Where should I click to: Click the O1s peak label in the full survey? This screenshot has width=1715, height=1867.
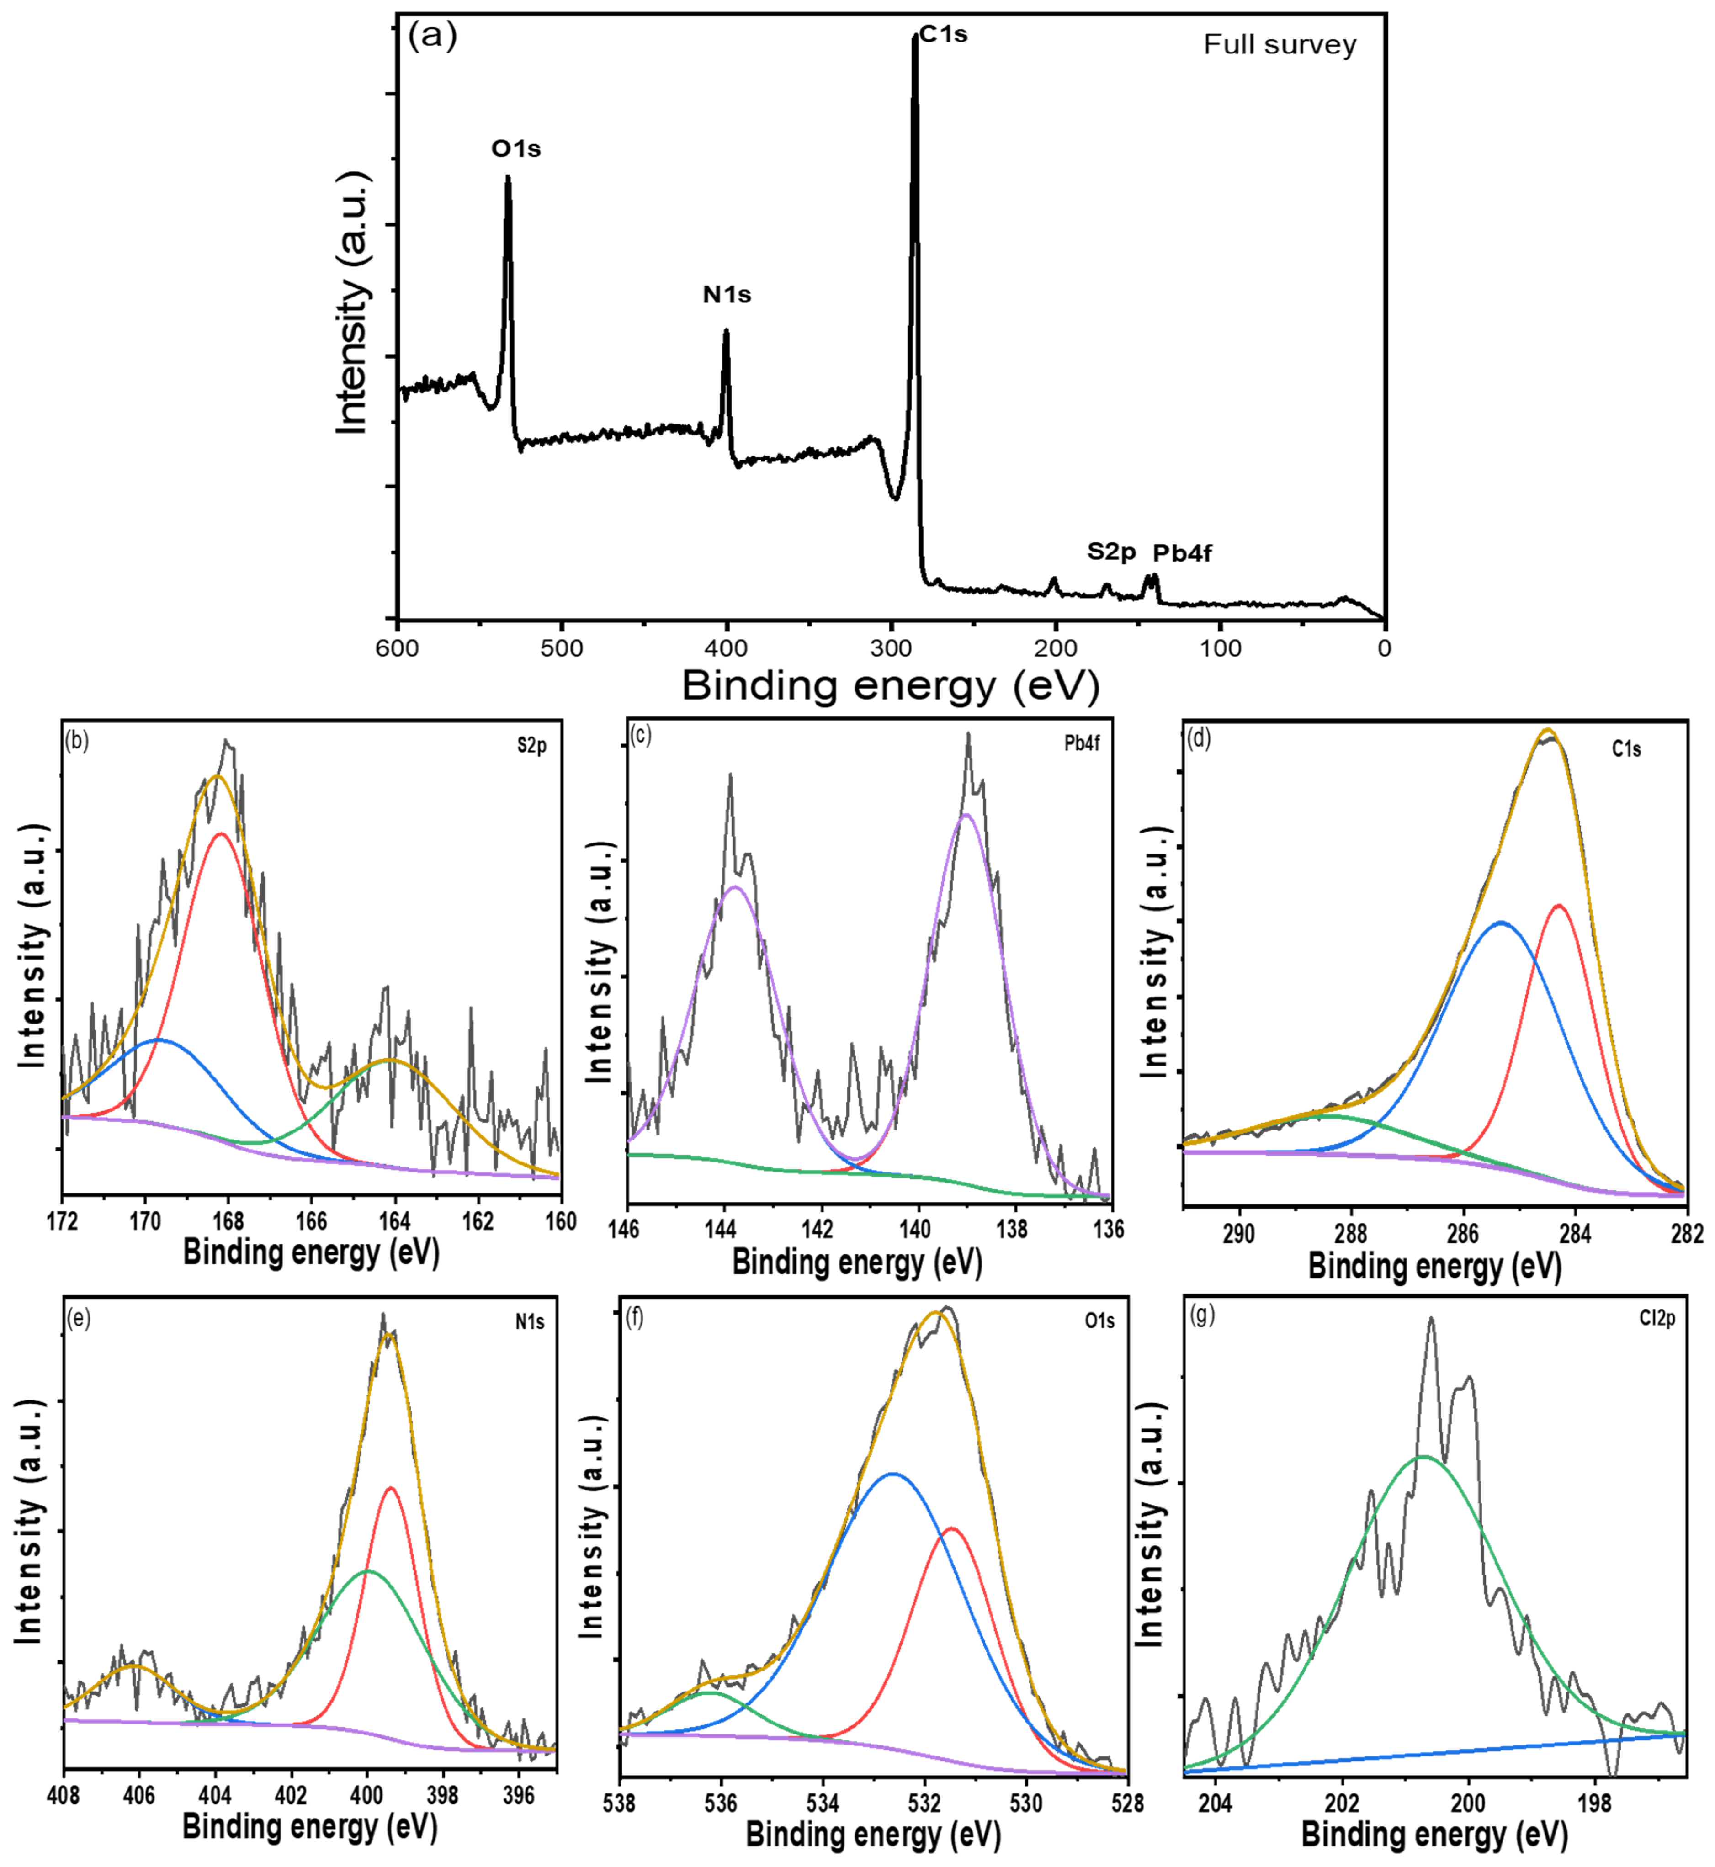pyautogui.click(x=516, y=149)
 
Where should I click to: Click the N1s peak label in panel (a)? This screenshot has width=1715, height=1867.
pyautogui.click(x=727, y=295)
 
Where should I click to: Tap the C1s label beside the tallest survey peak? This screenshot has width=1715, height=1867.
pyautogui.click(x=944, y=34)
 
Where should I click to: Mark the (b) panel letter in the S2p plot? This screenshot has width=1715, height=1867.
pyautogui.click(x=77, y=742)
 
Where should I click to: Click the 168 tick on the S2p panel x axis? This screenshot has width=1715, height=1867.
pyautogui.click(x=228, y=1221)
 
